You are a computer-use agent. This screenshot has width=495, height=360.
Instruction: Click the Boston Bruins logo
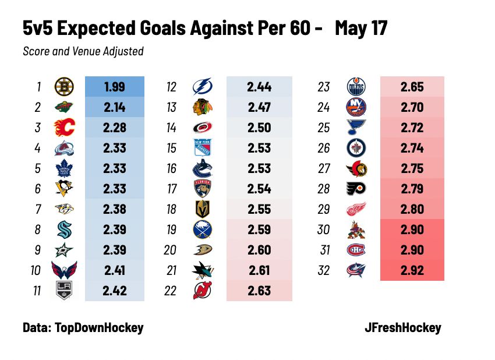coord(63,87)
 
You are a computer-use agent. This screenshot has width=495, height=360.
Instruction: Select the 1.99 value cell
coord(114,87)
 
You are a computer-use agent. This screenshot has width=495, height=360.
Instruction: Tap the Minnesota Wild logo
coord(63,108)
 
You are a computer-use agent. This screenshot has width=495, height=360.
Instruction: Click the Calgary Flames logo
coord(63,128)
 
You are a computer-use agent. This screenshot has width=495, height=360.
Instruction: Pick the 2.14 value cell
coord(114,108)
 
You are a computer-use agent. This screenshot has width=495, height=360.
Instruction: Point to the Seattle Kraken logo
coord(63,230)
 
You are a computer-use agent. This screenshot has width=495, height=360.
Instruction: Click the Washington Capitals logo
coord(63,270)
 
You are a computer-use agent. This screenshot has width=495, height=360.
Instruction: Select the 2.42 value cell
coord(114,291)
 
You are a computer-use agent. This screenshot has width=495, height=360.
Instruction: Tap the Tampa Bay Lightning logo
coord(202,87)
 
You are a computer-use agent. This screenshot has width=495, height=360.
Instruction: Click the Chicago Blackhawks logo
coord(202,108)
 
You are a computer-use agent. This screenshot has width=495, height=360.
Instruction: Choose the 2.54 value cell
coord(259,189)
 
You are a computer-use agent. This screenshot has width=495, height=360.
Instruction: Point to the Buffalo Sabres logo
coord(202,230)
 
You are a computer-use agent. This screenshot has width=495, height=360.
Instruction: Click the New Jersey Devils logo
coord(202,291)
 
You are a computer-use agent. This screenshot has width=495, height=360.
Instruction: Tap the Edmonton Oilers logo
coord(356,87)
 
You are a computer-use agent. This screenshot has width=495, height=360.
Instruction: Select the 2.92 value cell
coord(412,270)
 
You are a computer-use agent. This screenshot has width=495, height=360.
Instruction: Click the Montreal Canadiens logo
coord(356,250)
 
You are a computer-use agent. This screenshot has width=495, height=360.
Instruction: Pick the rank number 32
coord(324,270)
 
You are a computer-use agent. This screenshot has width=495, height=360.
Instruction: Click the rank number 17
coord(171,189)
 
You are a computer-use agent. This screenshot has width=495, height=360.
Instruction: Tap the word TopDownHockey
coord(98,327)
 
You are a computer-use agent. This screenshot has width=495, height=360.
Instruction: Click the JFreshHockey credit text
coord(401,327)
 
